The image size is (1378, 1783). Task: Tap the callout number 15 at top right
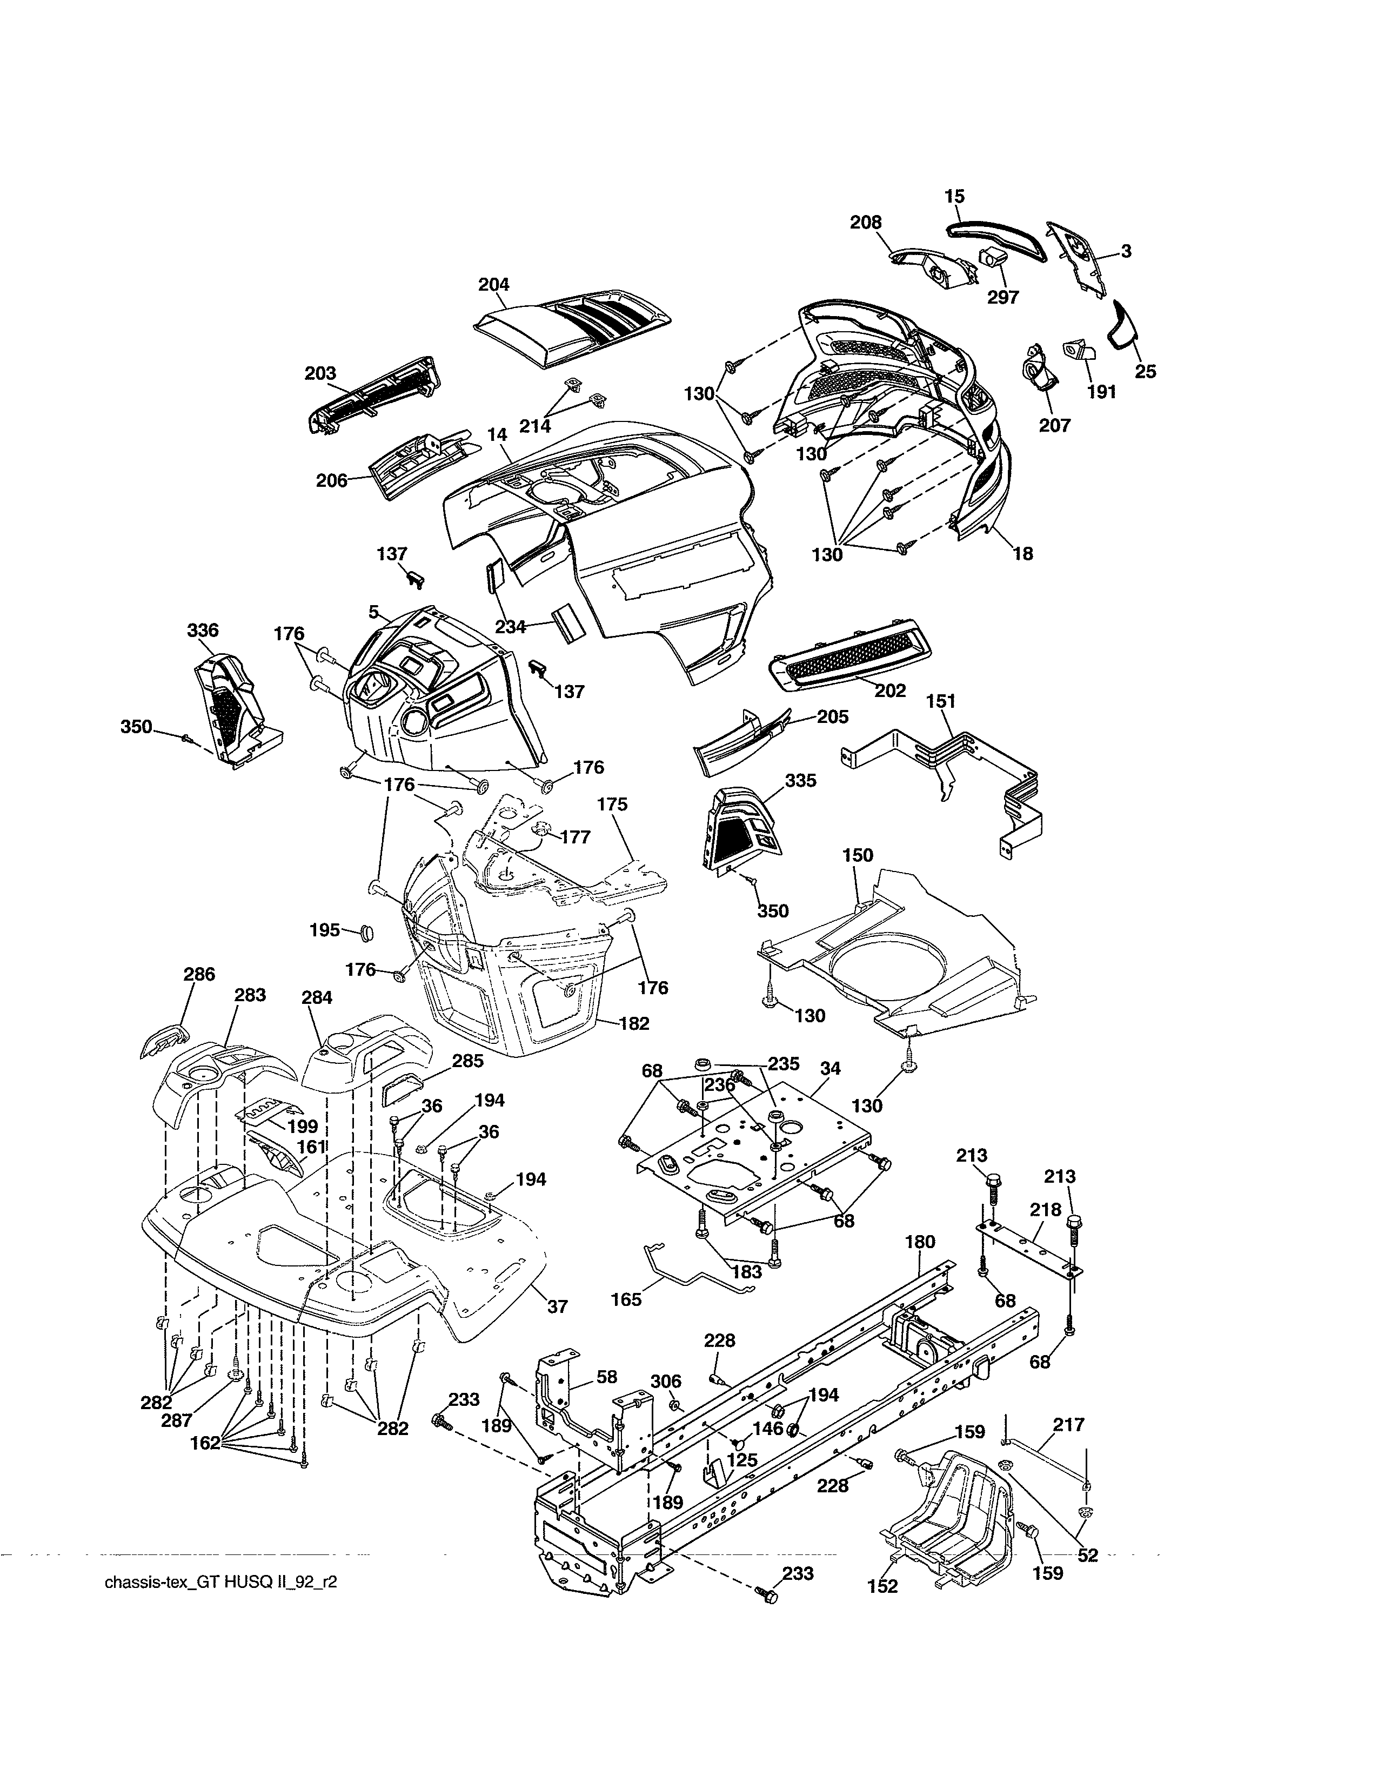[954, 196]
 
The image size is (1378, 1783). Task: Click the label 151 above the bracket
[941, 701]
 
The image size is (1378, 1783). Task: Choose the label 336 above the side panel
[203, 629]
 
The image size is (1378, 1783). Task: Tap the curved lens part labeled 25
[1123, 324]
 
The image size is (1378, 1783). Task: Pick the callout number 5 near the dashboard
[374, 612]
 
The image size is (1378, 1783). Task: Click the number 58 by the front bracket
[606, 1377]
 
